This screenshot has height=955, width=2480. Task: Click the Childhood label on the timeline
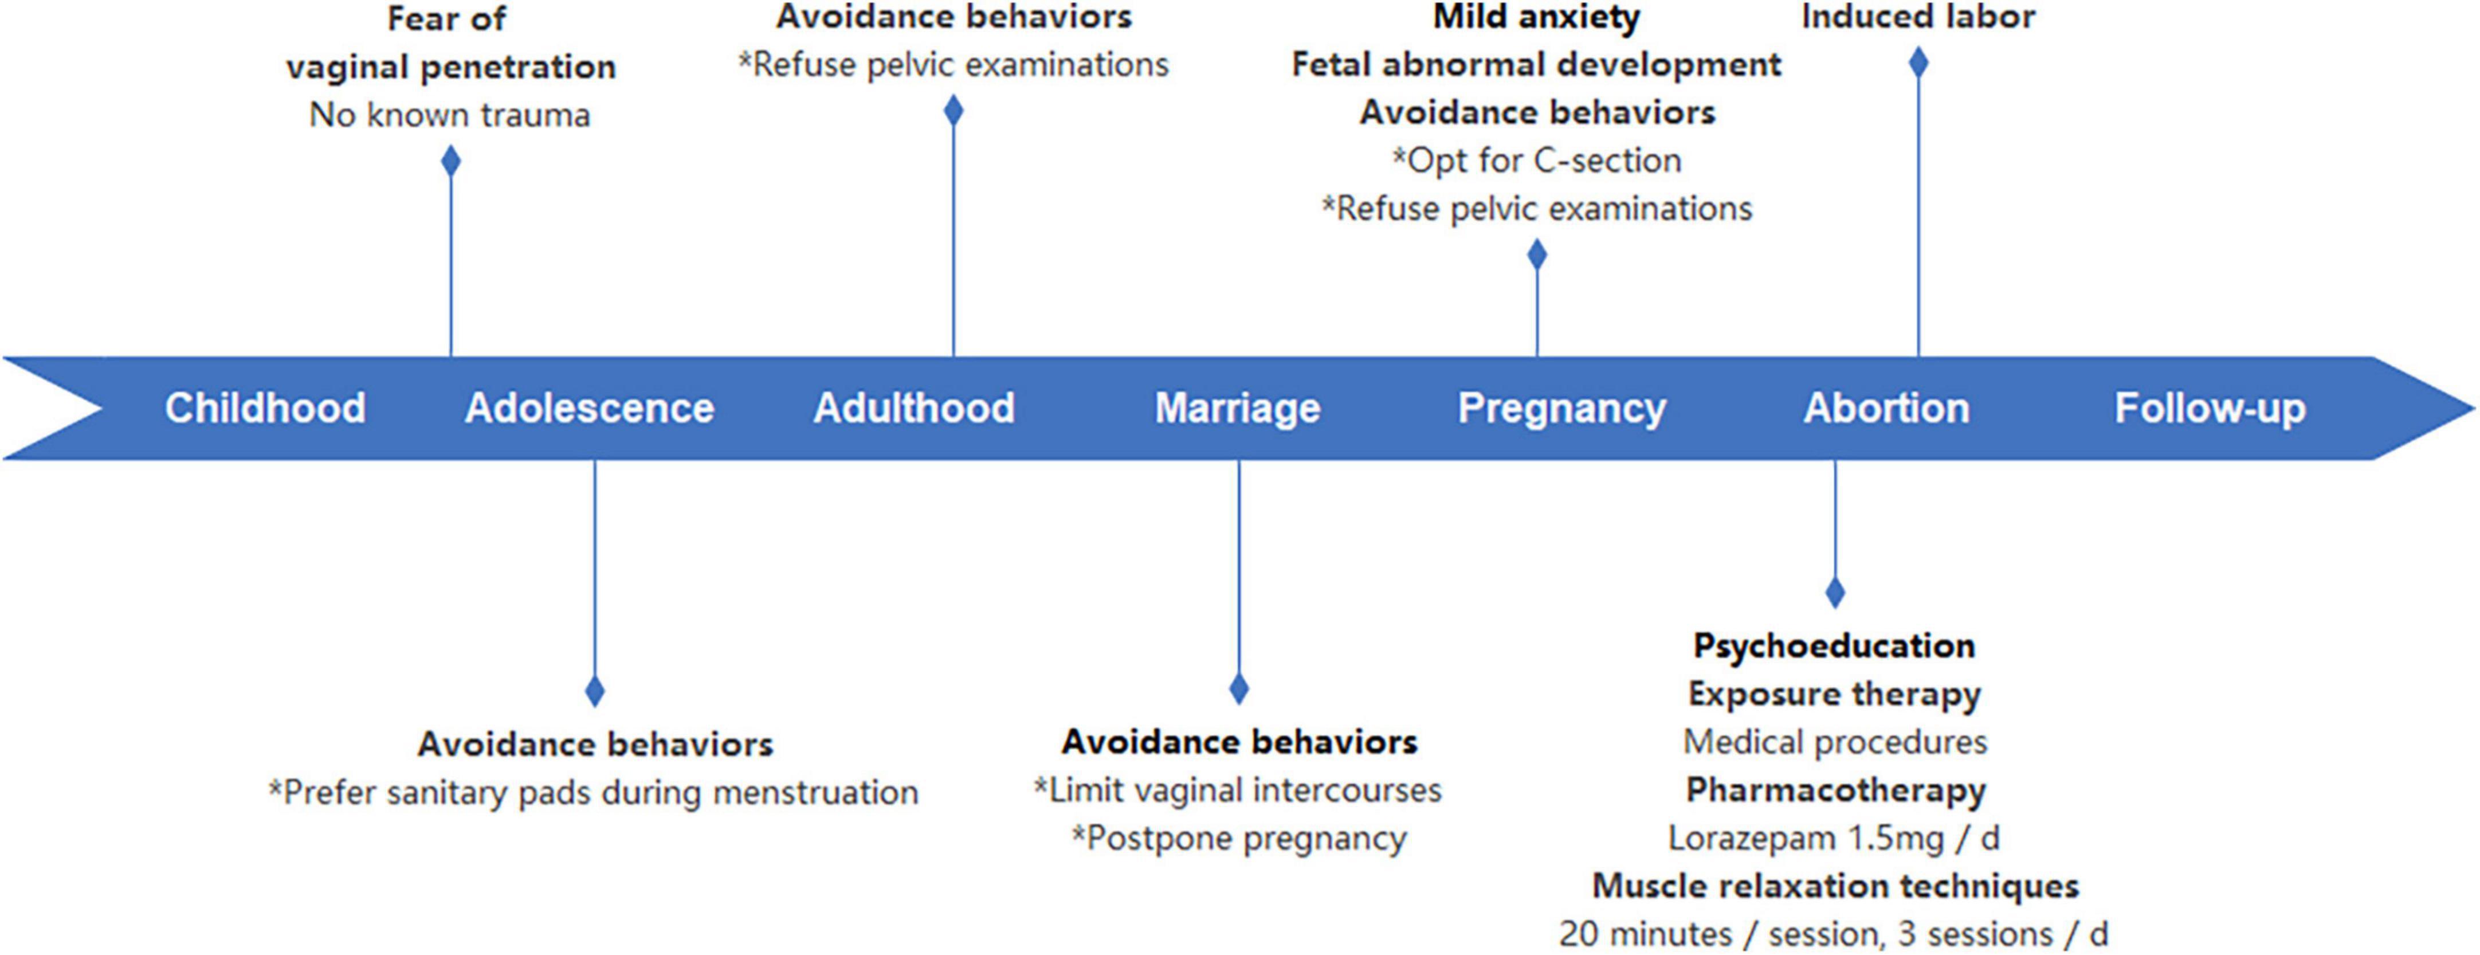coord(265,407)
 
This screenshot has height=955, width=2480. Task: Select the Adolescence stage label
coord(589,407)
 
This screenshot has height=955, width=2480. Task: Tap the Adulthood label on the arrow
coord(913,407)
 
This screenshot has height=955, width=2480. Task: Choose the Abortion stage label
coord(1886,407)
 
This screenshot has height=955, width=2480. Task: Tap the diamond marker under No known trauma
coord(450,160)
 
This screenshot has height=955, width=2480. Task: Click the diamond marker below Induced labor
coord(1918,62)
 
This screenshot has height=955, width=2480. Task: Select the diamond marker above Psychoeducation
coord(1835,592)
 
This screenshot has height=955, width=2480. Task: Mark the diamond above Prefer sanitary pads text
coord(595,691)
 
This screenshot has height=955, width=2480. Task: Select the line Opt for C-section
coord(1536,161)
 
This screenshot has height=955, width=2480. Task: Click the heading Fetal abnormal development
coord(1536,65)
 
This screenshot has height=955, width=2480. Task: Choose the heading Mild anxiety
coord(1536,17)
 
